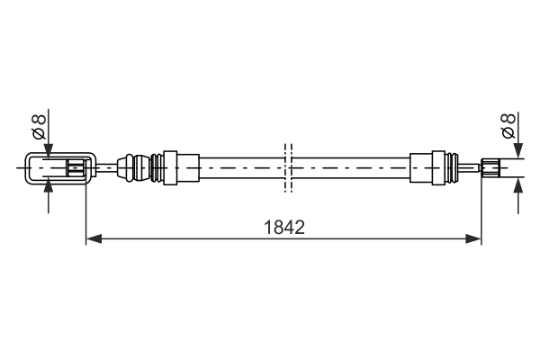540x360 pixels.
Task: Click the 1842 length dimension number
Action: pyautogui.click(x=284, y=228)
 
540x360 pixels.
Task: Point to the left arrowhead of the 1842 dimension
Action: pyautogui.click(x=92, y=238)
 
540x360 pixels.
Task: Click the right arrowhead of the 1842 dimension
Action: pyautogui.click(x=475, y=238)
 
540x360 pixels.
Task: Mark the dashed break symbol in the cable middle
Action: pyautogui.click(x=287, y=167)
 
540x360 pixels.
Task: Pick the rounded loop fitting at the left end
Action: pyautogui.click(x=54, y=167)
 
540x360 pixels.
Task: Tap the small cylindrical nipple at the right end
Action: pyautogui.click(x=490, y=166)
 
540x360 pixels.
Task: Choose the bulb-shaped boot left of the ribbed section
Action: pyautogui.click(x=136, y=167)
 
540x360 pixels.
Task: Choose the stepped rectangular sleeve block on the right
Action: pyautogui.click(x=424, y=167)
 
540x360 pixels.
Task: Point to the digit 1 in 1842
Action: pyautogui.click(x=269, y=228)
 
